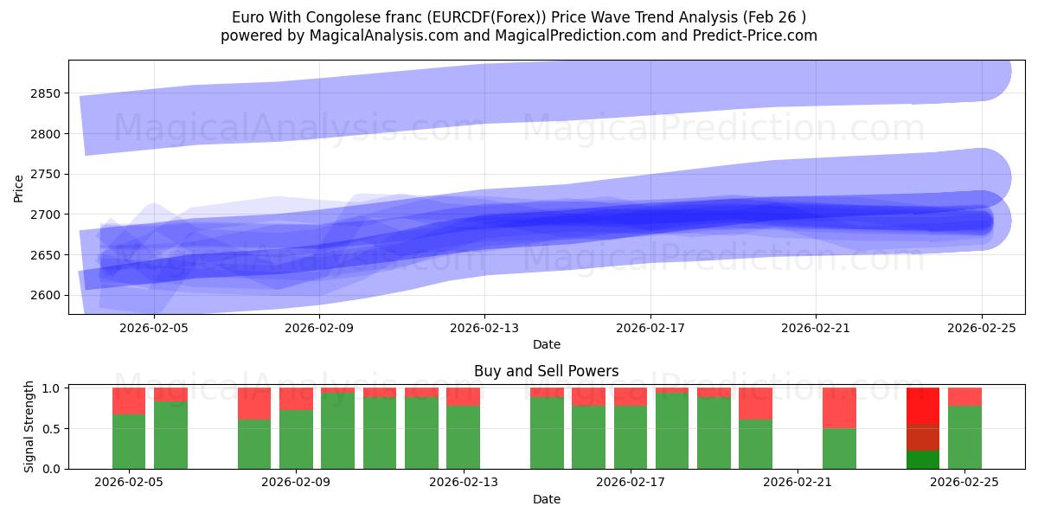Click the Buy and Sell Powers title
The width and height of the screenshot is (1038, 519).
tap(546, 371)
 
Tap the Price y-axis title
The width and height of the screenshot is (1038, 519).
tap(19, 188)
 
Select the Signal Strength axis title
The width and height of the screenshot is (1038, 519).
tap(29, 426)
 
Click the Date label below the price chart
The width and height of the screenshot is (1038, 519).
tap(546, 344)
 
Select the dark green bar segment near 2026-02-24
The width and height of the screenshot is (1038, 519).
tap(923, 459)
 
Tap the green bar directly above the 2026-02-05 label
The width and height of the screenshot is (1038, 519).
tap(129, 441)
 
